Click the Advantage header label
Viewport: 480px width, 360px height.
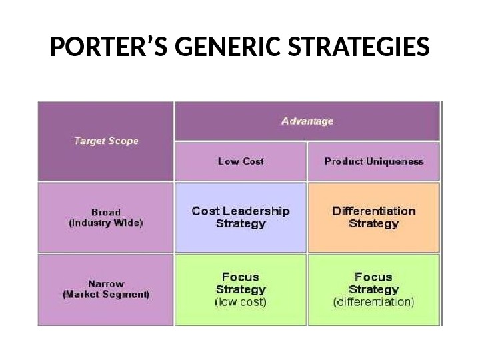pyautogui.click(x=307, y=121)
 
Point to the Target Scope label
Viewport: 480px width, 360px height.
pyautogui.click(x=105, y=141)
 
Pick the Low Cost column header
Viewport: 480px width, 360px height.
pyautogui.click(x=241, y=161)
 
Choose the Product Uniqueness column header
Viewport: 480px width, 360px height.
pyautogui.click(x=373, y=161)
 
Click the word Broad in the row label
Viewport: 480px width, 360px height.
pyautogui.click(x=105, y=213)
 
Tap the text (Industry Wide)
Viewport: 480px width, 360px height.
pyautogui.click(x=105, y=223)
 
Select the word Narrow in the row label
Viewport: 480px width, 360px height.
pyautogui.click(x=105, y=283)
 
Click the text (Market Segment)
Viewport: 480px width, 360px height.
pyautogui.click(x=105, y=293)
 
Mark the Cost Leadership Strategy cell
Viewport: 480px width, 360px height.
pyautogui.click(x=241, y=217)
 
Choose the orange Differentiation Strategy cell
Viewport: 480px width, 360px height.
pyautogui.click(x=373, y=217)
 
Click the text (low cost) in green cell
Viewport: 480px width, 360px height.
pyautogui.click(x=241, y=302)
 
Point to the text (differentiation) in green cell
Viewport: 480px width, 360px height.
pyautogui.click(x=373, y=302)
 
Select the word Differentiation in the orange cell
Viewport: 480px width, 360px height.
pyautogui.click(x=373, y=211)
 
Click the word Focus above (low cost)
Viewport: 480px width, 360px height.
pyautogui.click(x=241, y=277)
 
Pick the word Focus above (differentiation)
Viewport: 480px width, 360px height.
pyautogui.click(x=373, y=277)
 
